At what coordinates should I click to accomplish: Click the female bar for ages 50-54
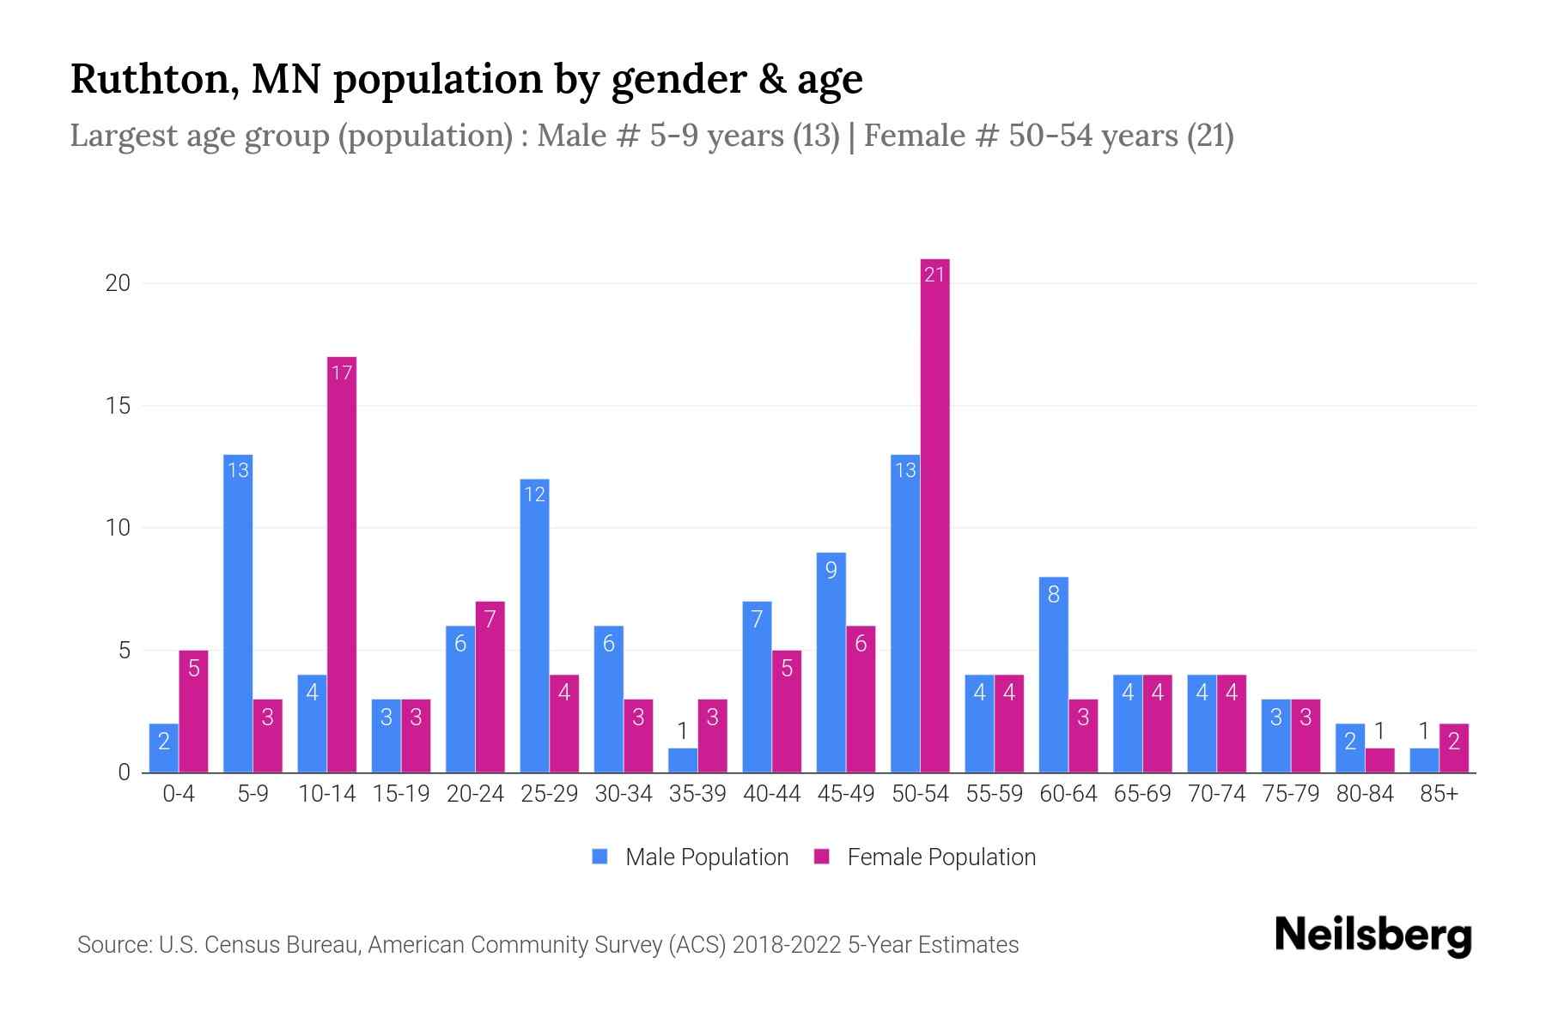[x=934, y=515]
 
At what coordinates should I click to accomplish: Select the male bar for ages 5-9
[x=238, y=614]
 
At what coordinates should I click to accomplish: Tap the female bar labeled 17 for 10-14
[x=342, y=565]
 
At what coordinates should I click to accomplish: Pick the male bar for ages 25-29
[x=534, y=626]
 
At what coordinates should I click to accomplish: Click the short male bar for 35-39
[x=683, y=760]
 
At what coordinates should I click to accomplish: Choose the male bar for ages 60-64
[x=1054, y=675]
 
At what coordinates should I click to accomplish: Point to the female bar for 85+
[x=1453, y=748]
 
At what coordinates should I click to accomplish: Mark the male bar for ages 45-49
[x=831, y=663]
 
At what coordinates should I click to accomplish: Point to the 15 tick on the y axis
[x=118, y=405]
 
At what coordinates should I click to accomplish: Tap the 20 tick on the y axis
[x=118, y=283]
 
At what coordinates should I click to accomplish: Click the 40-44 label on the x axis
[x=771, y=794]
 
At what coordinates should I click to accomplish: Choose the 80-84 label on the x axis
[x=1365, y=794]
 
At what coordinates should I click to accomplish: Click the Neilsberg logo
[x=1373, y=936]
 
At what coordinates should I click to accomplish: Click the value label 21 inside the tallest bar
[x=934, y=275]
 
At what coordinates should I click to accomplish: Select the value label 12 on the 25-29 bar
[x=534, y=494]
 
